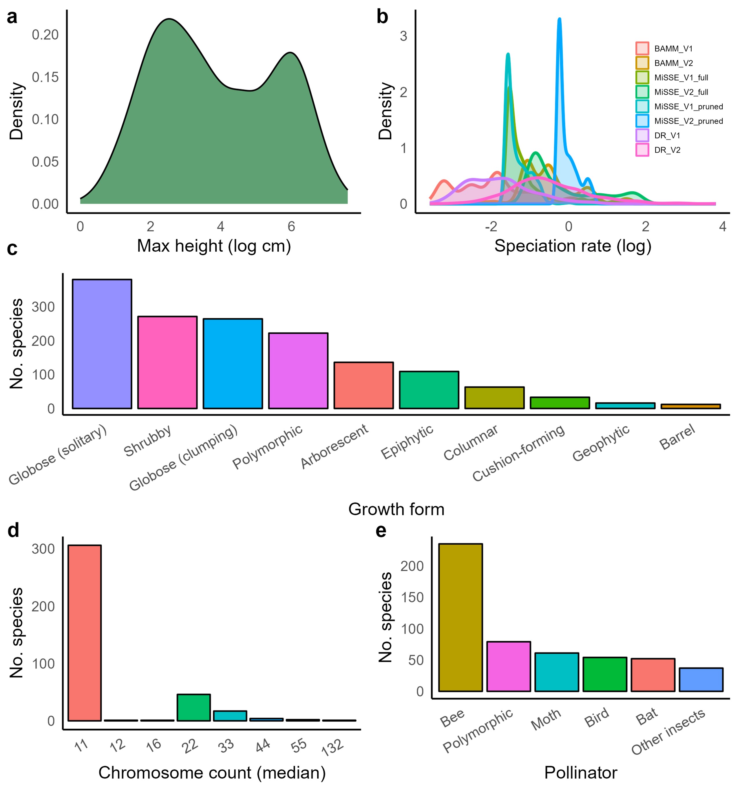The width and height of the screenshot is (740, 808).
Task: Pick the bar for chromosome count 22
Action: (194, 708)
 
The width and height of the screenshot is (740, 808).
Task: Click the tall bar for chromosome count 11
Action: (85, 633)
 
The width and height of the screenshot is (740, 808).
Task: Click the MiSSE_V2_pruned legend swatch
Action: (642, 121)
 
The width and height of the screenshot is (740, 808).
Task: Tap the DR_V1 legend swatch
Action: (642, 135)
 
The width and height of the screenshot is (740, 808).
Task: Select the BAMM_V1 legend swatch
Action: (642, 49)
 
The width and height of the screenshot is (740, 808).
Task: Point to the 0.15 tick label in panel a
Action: (45, 77)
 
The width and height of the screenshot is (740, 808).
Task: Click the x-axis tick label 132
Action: (332, 748)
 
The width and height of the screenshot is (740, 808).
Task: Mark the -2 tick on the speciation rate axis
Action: (491, 227)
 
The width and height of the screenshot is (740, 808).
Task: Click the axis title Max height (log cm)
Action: (214, 246)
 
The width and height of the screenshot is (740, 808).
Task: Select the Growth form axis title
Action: (396, 510)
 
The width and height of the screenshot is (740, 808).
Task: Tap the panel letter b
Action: (382, 17)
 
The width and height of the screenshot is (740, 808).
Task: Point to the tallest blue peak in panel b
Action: (559, 20)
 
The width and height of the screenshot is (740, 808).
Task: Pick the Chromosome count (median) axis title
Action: (212, 773)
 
